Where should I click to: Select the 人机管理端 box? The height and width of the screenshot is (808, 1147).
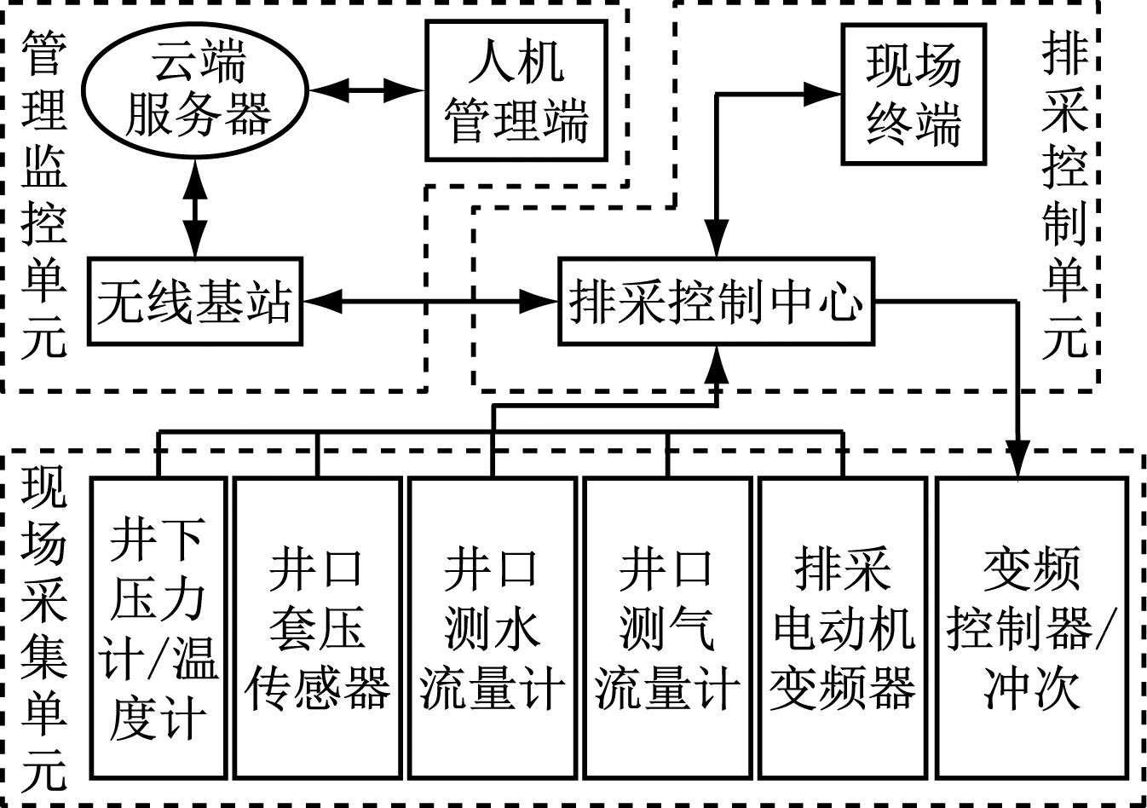tap(516, 90)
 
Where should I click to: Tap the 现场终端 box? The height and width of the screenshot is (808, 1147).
tap(914, 94)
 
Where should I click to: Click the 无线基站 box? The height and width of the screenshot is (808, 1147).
tap(196, 301)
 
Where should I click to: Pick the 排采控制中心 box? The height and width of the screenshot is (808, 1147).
tap(716, 301)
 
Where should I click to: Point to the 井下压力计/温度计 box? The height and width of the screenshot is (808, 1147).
tap(159, 627)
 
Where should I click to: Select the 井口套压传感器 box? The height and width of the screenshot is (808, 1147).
tap(317, 627)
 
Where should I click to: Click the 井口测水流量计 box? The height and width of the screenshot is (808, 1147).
tap(493, 627)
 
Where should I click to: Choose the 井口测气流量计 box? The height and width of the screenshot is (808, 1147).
tap(667, 627)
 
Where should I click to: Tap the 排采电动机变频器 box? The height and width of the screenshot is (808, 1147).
tap(842, 627)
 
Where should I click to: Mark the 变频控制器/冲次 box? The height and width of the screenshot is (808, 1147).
tap(1032, 627)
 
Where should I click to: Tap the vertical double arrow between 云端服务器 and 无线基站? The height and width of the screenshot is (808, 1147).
tap(196, 208)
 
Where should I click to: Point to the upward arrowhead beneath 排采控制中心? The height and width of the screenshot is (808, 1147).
tap(718, 364)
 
